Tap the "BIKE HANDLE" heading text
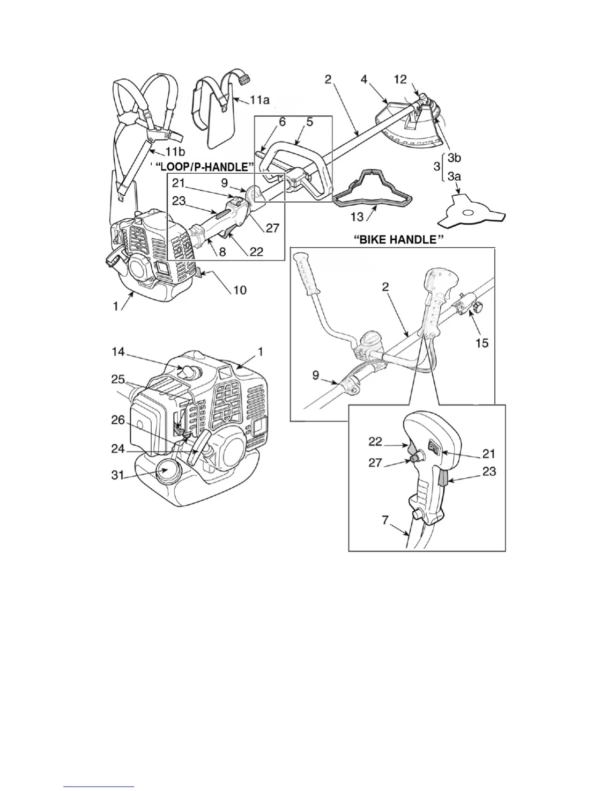click(x=399, y=240)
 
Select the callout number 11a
click(x=259, y=100)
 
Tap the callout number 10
click(x=240, y=290)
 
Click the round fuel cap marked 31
click(x=166, y=472)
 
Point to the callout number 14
click(x=118, y=353)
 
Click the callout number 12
click(x=400, y=79)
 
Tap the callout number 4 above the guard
click(x=364, y=79)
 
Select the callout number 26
click(x=118, y=420)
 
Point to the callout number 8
click(x=222, y=253)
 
